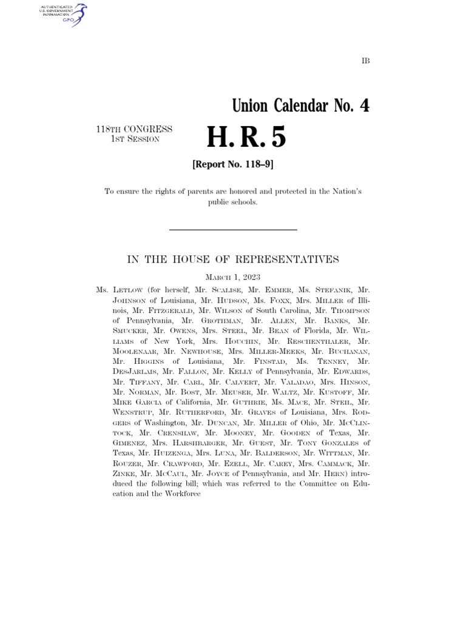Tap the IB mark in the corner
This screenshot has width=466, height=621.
pyautogui.click(x=365, y=61)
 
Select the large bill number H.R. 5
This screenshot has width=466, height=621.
pyautogui.click(x=246, y=138)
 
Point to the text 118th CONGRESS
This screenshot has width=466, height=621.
pyautogui.click(x=133, y=129)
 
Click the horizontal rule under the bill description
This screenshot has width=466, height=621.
pyautogui.click(x=232, y=230)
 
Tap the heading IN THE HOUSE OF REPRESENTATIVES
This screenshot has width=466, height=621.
pyautogui.click(x=232, y=260)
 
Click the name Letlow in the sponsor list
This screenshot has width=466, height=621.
pyautogui.click(x=127, y=290)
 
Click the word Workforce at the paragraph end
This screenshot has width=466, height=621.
pyautogui.click(x=180, y=494)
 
